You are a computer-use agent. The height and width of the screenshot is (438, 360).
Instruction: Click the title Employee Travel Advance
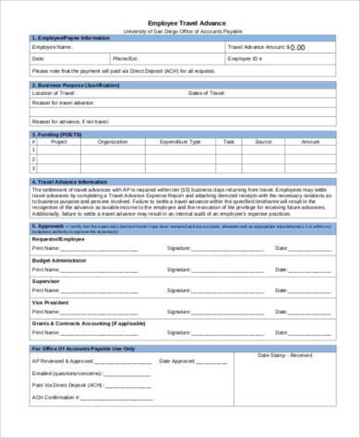click(x=180, y=23)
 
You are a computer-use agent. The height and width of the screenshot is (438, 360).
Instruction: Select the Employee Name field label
click(x=53, y=45)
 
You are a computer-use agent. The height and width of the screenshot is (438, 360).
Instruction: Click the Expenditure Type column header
click(x=180, y=142)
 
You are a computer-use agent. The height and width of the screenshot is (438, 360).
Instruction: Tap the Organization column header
click(x=113, y=142)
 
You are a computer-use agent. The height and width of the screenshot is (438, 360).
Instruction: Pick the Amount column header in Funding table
click(x=310, y=142)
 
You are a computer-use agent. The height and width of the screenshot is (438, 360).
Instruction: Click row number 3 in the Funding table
click(x=35, y=169)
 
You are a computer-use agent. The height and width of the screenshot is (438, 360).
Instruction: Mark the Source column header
click(x=263, y=142)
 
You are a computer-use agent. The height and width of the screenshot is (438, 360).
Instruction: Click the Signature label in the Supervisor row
click(x=179, y=290)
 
